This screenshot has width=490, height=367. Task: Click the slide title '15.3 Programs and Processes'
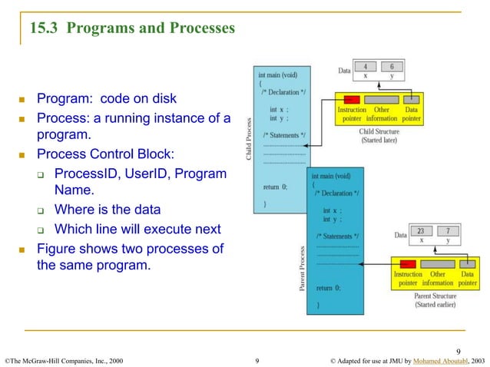(x=131, y=29)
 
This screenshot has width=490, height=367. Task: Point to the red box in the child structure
(x=351, y=100)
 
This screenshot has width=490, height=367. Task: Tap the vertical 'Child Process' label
(x=249, y=137)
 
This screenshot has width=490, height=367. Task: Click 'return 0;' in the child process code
(x=276, y=187)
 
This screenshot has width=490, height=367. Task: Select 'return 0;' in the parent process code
(x=329, y=288)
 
